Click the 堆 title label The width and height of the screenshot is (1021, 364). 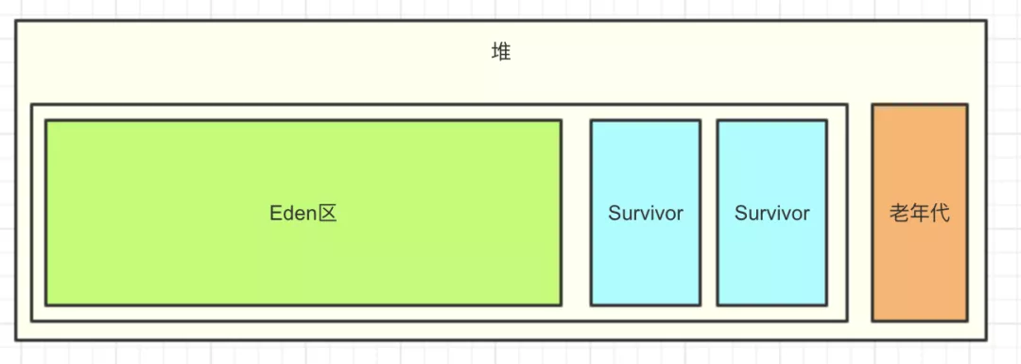coord(501,53)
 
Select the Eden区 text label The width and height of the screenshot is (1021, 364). coord(303,214)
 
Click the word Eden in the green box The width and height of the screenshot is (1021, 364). coord(292,214)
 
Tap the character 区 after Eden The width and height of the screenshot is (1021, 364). coord(327,214)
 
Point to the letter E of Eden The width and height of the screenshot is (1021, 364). coord(275,214)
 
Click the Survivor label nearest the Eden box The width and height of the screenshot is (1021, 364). coord(646,214)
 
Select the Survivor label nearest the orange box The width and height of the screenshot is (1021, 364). coord(771,214)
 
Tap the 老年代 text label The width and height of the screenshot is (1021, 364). coord(920,214)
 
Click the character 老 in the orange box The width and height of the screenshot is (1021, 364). coord(899,214)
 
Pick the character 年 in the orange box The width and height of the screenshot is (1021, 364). coord(920,214)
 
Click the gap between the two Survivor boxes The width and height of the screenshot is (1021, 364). coord(709,213)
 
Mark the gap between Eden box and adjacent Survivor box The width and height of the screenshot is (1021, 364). coord(576,213)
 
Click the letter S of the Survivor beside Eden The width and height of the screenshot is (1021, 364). coord(614,214)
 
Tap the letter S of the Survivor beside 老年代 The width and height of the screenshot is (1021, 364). coord(739,214)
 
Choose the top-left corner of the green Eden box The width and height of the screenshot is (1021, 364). coord(46,121)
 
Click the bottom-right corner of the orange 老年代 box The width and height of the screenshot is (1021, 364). coord(967,321)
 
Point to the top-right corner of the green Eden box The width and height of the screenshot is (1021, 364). coord(561,121)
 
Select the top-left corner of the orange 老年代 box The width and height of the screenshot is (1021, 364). coord(873,105)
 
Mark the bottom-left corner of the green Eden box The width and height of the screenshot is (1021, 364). coord(46,304)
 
